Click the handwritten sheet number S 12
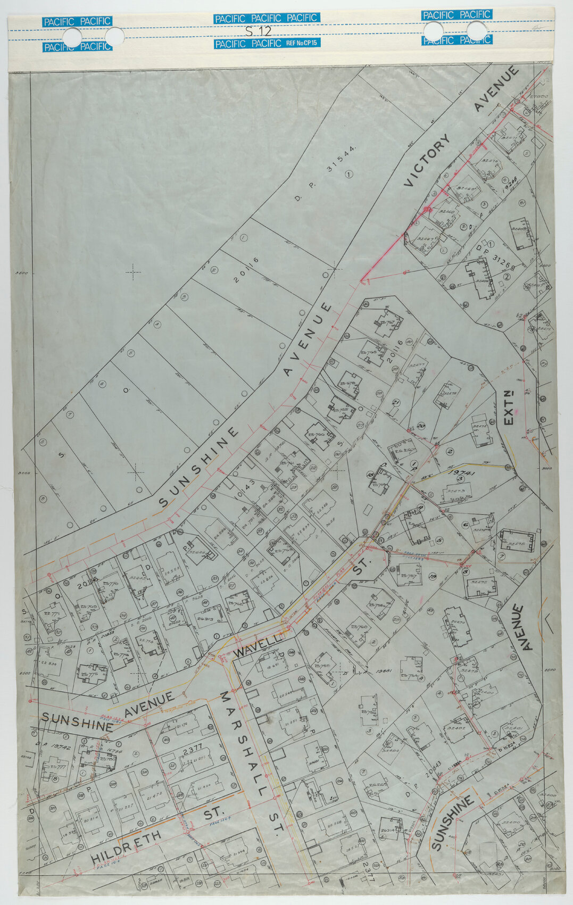[258, 30]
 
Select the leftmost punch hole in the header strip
[72, 38]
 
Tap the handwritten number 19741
[461, 472]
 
